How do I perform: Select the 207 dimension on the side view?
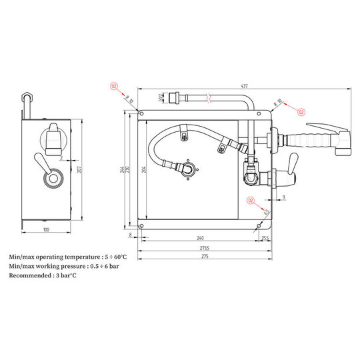79,171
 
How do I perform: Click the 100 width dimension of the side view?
46,230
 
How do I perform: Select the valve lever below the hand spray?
291,163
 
